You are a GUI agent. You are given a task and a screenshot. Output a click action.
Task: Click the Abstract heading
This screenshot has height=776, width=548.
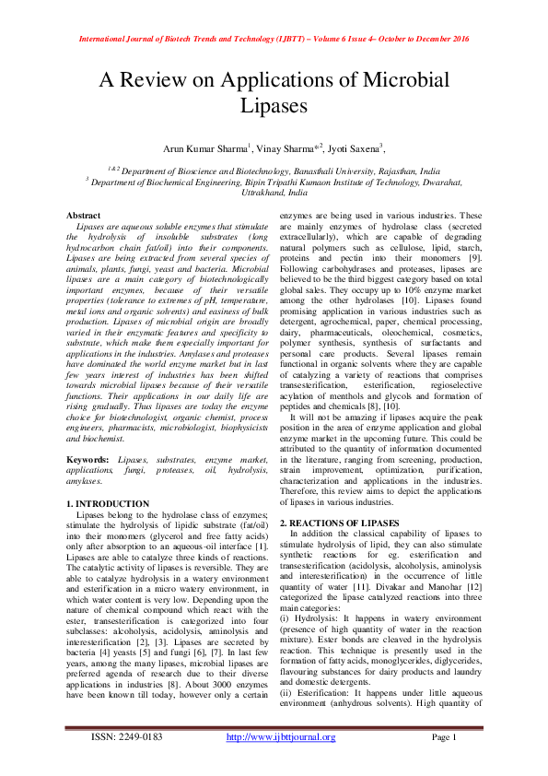[x=85, y=215]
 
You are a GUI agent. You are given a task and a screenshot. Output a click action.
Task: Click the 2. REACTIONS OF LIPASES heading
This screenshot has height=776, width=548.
[x=340, y=523]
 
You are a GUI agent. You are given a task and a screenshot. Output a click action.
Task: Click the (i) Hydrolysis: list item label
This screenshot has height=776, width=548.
[x=308, y=613]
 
